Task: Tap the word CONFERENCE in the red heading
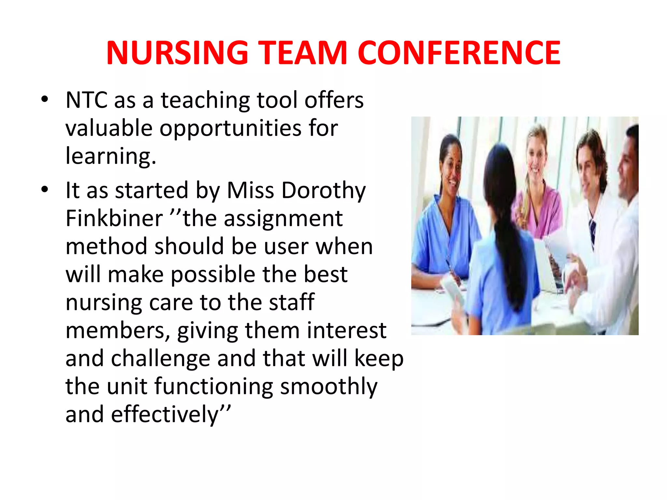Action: click(459, 53)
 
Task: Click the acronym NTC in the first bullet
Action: click(86, 100)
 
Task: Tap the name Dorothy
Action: click(323, 190)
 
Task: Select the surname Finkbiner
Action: click(114, 218)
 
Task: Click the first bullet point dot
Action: click(45, 99)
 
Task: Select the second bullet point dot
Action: click(45, 189)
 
